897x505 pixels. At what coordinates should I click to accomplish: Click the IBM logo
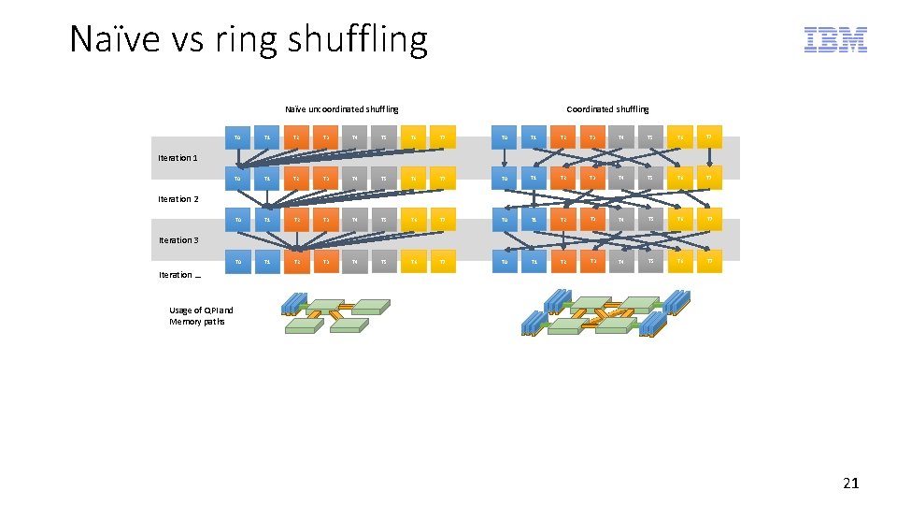[x=835, y=39]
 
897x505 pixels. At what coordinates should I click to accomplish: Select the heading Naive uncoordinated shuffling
[x=341, y=109]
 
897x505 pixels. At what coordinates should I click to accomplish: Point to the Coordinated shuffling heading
[x=607, y=109]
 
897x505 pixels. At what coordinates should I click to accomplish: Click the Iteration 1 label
[x=178, y=158]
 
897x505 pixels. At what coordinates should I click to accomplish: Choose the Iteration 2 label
[x=178, y=199]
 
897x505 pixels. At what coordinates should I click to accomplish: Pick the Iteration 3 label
[x=178, y=240]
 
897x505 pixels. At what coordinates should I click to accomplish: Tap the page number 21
[x=850, y=483]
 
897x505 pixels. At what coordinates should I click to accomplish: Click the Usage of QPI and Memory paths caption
[x=201, y=316]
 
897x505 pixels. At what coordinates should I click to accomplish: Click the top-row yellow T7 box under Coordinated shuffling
[x=708, y=137]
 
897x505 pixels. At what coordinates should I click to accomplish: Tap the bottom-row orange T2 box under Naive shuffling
[x=296, y=262]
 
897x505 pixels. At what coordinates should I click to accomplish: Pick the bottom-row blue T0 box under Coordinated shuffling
[x=505, y=262]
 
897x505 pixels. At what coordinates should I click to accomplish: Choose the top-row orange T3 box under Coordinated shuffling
[x=591, y=137]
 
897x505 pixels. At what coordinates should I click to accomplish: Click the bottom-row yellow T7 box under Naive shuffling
[x=443, y=262]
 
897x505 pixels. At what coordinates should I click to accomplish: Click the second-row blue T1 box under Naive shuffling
[x=267, y=179]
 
